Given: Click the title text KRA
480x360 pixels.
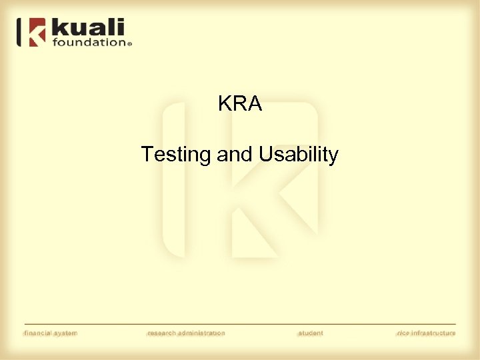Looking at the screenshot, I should (240, 104).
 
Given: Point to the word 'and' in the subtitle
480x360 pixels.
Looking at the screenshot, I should (233, 155).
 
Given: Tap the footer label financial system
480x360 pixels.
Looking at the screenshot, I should (51, 333).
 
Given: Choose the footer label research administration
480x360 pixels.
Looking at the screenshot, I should (186, 333).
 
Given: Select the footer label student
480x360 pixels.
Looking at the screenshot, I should (310, 333).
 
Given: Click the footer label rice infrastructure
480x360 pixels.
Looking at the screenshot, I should (426, 333).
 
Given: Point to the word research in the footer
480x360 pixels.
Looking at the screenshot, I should (163, 333).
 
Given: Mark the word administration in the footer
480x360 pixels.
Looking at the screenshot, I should (202, 333).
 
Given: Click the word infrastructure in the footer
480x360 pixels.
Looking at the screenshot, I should (433, 333).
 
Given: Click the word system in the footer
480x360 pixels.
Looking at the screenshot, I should (67, 333).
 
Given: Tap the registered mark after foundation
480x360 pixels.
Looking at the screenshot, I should (129, 44).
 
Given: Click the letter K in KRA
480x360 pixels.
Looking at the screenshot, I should (225, 104).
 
